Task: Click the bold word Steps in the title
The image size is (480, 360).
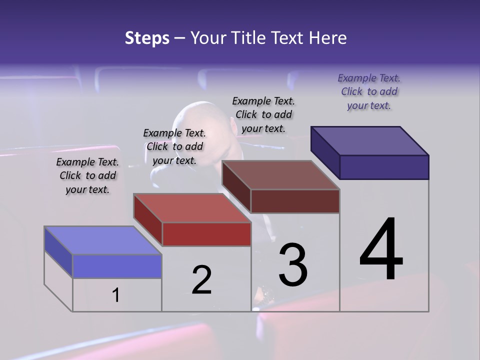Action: tap(147, 38)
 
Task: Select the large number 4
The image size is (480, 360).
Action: tap(381, 250)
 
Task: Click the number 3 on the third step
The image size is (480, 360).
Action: tap(293, 264)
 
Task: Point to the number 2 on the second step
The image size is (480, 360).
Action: tap(201, 280)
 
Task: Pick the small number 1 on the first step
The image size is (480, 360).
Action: tap(116, 295)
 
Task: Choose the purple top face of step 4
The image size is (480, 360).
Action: tap(370, 140)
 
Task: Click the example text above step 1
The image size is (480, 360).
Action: tap(87, 175)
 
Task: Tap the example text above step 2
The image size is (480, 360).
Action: tap(174, 146)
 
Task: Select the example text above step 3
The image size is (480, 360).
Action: tap(264, 114)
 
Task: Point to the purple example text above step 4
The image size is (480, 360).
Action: tap(369, 91)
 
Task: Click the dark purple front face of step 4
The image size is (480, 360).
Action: tap(384, 167)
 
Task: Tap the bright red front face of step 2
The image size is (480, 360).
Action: tap(206, 234)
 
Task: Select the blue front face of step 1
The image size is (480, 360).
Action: tap(117, 266)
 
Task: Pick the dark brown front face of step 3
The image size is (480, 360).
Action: tap(295, 201)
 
